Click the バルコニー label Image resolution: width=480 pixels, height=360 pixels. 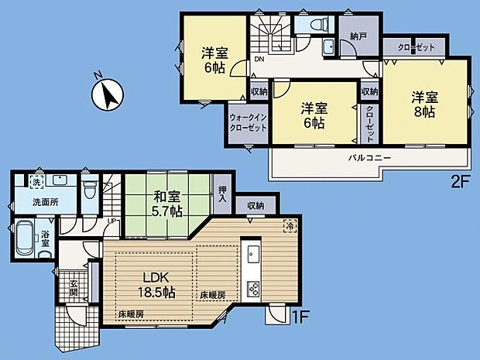[x=369, y=157]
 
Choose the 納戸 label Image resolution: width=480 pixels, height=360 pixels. [x=358, y=36]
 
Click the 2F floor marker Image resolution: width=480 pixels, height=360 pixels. [x=460, y=185]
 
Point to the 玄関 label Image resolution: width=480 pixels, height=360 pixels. [x=72, y=287]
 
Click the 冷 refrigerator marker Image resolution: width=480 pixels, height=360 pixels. [x=289, y=227]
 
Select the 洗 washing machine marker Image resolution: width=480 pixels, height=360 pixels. [x=36, y=182]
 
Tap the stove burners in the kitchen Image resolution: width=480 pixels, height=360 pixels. [x=252, y=289]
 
